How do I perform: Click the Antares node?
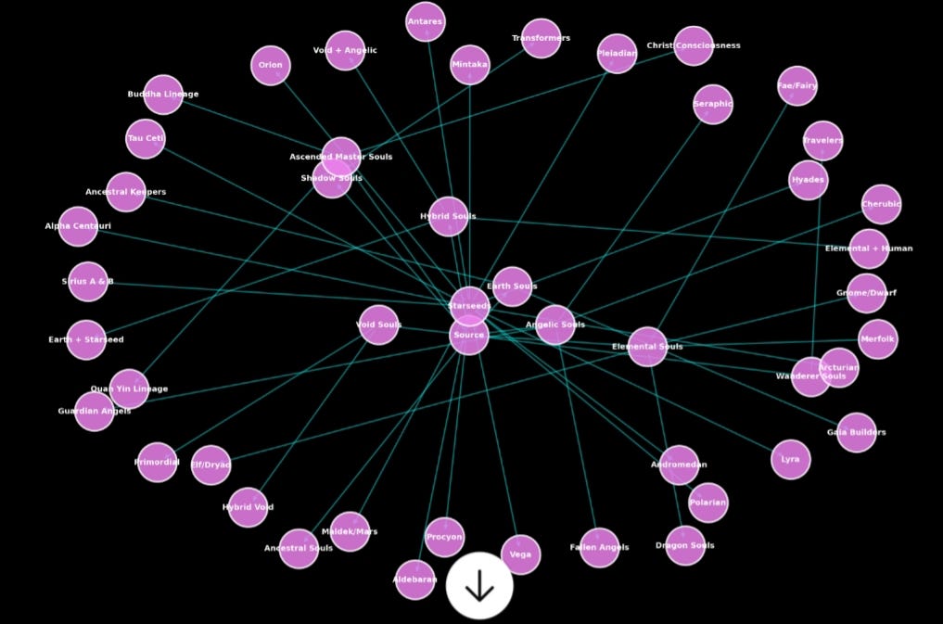tap(426, 21)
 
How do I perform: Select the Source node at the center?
tap(468, 335)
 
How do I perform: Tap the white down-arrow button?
tap(479, 586)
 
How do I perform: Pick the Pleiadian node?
tap(617, 54)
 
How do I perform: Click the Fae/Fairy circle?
tap(797, 86)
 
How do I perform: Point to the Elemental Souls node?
tap(647, 347)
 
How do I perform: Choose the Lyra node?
tap(790, 459)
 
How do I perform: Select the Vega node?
tap(520, 554)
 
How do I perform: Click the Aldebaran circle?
tap(415, 580)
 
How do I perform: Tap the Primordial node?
tap(158, 462)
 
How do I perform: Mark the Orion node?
tap(271, 66)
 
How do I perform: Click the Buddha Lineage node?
tap(163, 95)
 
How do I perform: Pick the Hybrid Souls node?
tap(449, 216)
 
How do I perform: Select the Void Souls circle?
tap(378, 325)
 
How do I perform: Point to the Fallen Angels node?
tap(599, 547)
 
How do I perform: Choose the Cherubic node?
tap(881, 205)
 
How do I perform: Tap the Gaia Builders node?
tap(856, 432)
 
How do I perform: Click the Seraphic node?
tap(713, 104)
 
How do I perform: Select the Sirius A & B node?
tap(88, 282)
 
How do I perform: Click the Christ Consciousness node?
tap(694, 45)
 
